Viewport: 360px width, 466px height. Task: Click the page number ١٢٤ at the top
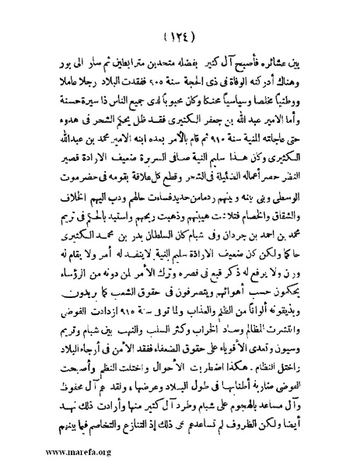coord(179,37)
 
